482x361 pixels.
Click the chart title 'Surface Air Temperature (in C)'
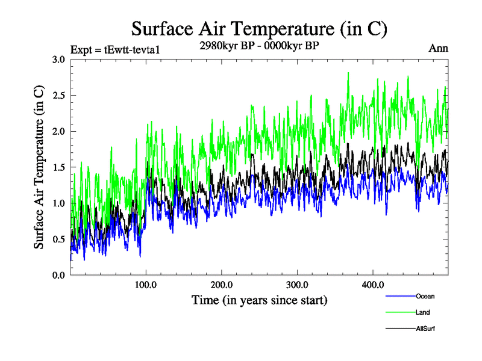tap(259, 29)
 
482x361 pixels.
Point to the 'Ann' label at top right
tap(438, 49)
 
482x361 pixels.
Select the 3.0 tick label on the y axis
tap(58, 60)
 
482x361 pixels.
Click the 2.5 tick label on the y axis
tap(58, 96)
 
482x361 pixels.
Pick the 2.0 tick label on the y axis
tap(58, 131)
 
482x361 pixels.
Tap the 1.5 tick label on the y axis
tap(58, 167)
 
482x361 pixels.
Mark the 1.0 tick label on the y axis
tap(58, 203)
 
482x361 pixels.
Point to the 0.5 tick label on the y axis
tap(58, 239)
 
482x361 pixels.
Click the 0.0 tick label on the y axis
tap(58, 275)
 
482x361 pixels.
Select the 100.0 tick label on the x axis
tap(146, 285)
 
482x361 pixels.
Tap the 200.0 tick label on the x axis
tap(222, 285)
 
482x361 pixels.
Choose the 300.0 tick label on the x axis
tap(298, 285)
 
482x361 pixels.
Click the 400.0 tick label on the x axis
tap(373, 285)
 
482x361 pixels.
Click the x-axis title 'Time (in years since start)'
tap(259, 299)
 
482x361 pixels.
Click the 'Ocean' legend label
tap(425, 296)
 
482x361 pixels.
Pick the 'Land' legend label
tap(422, 312)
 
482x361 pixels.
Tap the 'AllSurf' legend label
tap(425, 329)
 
